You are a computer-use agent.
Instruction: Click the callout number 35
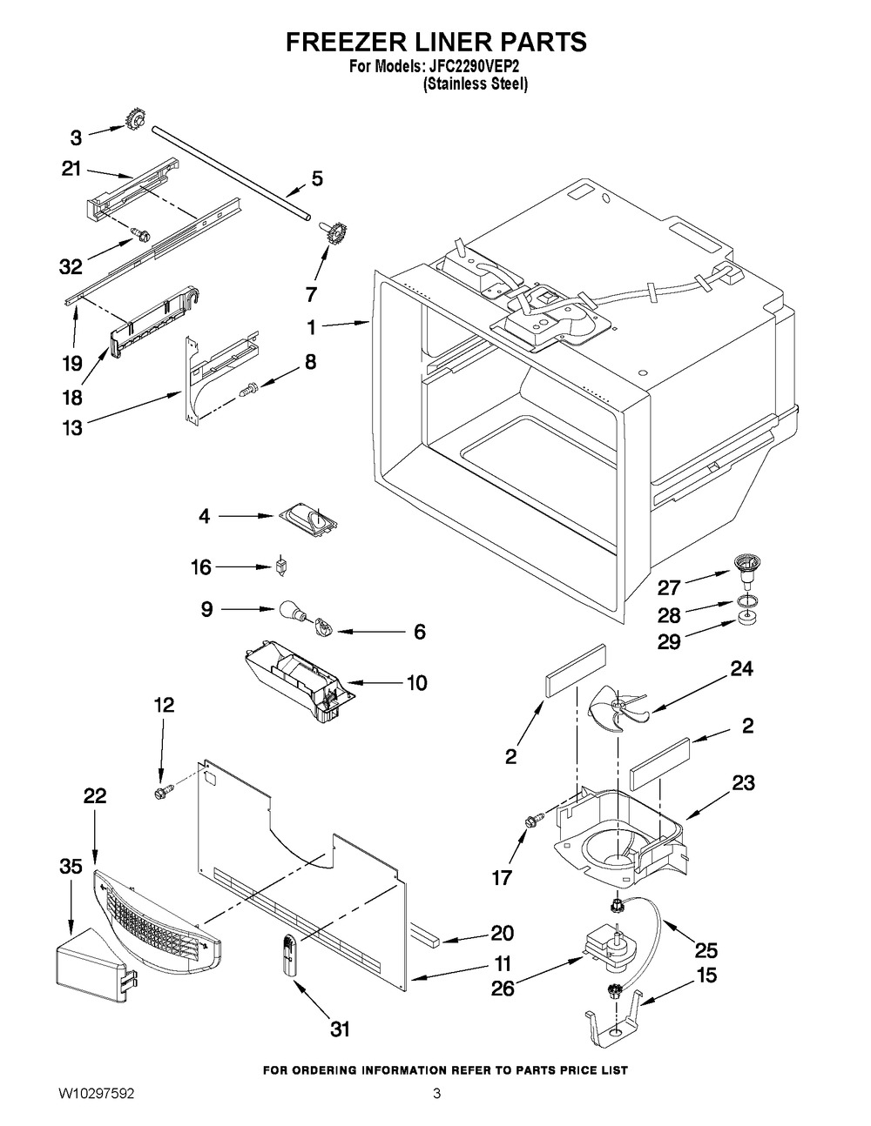(x=71, y=867)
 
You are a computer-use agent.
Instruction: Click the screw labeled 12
(x=163, y=793)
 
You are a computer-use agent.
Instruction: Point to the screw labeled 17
(x=534, y=819)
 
